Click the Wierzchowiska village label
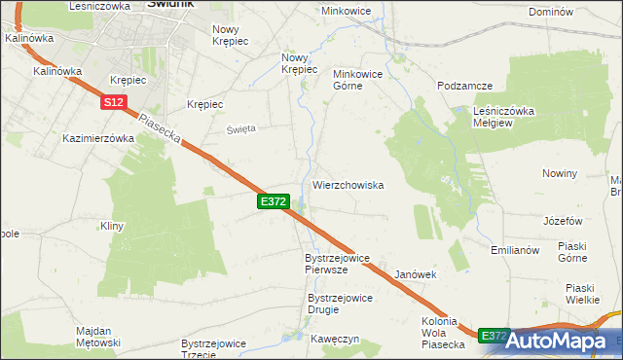(348, 185)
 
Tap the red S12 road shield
(114, 102)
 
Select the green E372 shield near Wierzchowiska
(273, 201)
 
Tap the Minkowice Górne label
(362, 80)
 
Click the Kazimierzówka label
(97, 138)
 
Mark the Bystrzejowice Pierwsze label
(337, 264)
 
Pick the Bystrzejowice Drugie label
(337, 304)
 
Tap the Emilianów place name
(515, 250)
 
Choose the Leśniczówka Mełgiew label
(503, 117)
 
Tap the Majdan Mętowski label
(97, 337)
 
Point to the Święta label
(241, 128)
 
